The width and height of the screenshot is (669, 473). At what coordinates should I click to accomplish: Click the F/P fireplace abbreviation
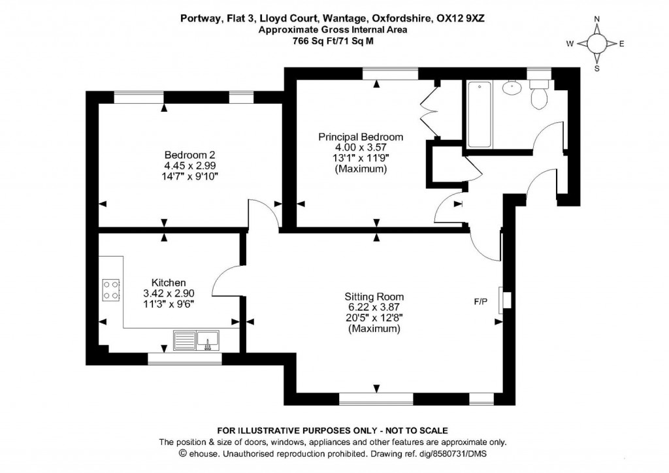point(481,302)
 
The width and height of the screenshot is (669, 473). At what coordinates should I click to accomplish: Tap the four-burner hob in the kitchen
point(110,289)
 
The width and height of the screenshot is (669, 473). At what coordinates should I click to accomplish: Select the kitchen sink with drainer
point(197,340)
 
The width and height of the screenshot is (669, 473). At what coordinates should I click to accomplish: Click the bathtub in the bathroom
point(480,114)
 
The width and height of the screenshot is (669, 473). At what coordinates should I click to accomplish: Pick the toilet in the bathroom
point(540,97)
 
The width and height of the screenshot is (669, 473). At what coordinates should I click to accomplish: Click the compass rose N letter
point(596,20)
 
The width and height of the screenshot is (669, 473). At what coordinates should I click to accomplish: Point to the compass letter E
point(621,44)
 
